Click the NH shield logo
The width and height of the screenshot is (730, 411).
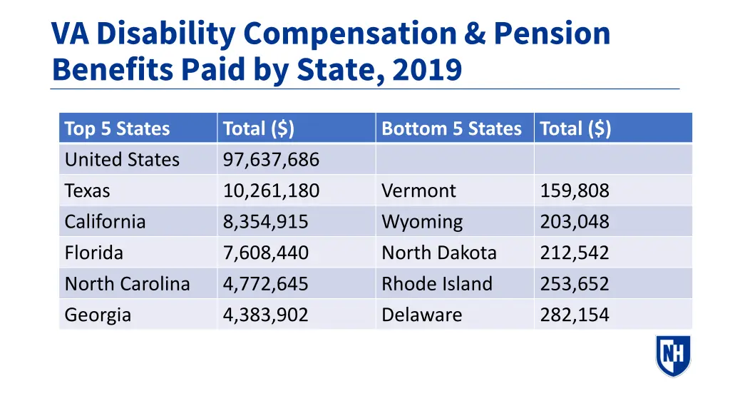pos(673,355)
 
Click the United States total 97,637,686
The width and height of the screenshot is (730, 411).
pos(271,160)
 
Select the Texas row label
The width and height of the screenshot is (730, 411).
pos(88,191)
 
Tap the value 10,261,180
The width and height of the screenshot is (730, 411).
pos(271,191)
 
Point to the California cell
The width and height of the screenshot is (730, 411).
pos(105,222)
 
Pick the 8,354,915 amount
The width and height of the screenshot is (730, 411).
pos(265,222)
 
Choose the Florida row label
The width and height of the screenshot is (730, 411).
pos(93,253)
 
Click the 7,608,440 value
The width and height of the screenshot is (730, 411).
pos(265,253)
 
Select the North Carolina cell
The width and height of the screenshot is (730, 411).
pos(127,284)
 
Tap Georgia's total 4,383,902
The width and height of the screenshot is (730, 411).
pos(265,315)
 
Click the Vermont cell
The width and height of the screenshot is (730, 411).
pos(418,191)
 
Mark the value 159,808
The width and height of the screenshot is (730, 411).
pos(575,191)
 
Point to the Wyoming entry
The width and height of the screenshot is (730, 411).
pos(422,222)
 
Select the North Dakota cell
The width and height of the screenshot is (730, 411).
pos(439,253)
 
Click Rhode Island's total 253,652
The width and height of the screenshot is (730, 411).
pos(575,284)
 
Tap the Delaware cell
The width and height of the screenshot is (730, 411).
pos(421,315)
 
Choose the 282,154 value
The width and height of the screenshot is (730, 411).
pos(575,315)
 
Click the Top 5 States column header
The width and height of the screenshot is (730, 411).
pos(117,129)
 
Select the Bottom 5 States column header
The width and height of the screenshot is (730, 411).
pos(451,129)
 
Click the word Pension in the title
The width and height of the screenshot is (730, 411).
pos(552,34)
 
